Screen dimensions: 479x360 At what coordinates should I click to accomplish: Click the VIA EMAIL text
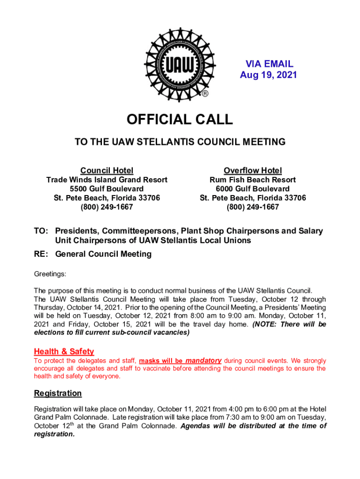pyautogui.click(x=270, y=64)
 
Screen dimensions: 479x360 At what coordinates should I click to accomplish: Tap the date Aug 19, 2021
pyautogui.click(x=268, y=75)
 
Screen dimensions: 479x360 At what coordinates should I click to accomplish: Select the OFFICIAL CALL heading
pyautogui.click(x=180, y=120)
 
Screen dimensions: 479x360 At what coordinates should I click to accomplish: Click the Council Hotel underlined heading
pyautogui.click(x=107, y=170)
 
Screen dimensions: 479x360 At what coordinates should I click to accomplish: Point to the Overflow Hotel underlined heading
pyautogui.click(x=252, y=170)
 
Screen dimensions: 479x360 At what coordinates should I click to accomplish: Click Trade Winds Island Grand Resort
pyautogui.click(x=107, y=180)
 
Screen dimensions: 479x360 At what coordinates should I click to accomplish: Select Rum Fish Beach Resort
pyautogui.click(x=252, y=180)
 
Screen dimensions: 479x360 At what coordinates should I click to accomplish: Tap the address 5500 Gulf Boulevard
pyautogui.click(x=107, y=189)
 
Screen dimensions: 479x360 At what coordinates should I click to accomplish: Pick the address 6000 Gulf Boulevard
pyautogui.click(x=252, y=189)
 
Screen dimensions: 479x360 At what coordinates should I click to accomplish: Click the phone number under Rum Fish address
pyautogui.click(x=252, y=207)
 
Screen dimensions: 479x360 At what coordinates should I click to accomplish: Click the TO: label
pyautogui.click(x=41, y=231)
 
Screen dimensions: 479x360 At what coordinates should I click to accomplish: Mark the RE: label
pyautogui.click(x=41, y=254)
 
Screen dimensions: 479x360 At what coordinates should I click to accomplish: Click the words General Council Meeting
pyautogui.click(x=103, y=254)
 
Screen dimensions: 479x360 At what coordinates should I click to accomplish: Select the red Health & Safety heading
pyautogui.click(x=64, y=351)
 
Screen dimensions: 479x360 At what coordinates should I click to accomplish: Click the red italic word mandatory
pyautogui.click(x=203, y=361)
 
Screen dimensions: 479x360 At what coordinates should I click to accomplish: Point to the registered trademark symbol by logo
pyautogui.click(x=204, y=94)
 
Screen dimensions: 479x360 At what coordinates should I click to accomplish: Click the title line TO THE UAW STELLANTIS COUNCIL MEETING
pyautogui.click(x=180, y=142)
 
